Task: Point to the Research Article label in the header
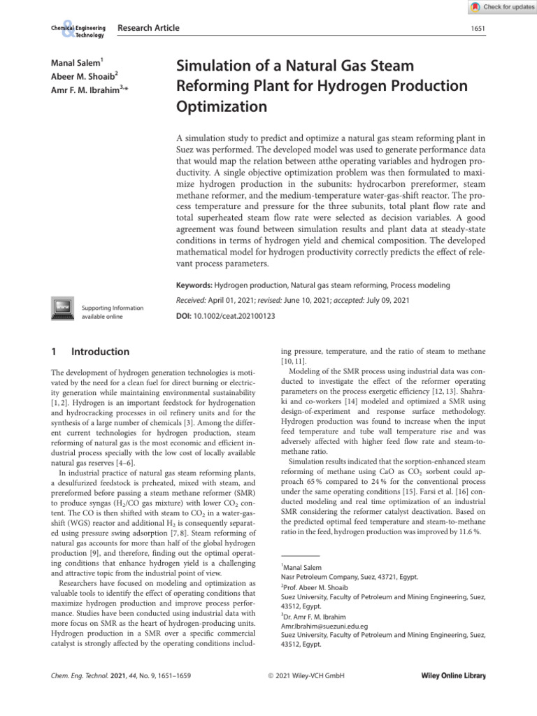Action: coord(148,28)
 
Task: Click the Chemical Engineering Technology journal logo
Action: coord(77,31)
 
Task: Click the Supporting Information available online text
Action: coord(113,312)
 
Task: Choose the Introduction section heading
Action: coord(100,352)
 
